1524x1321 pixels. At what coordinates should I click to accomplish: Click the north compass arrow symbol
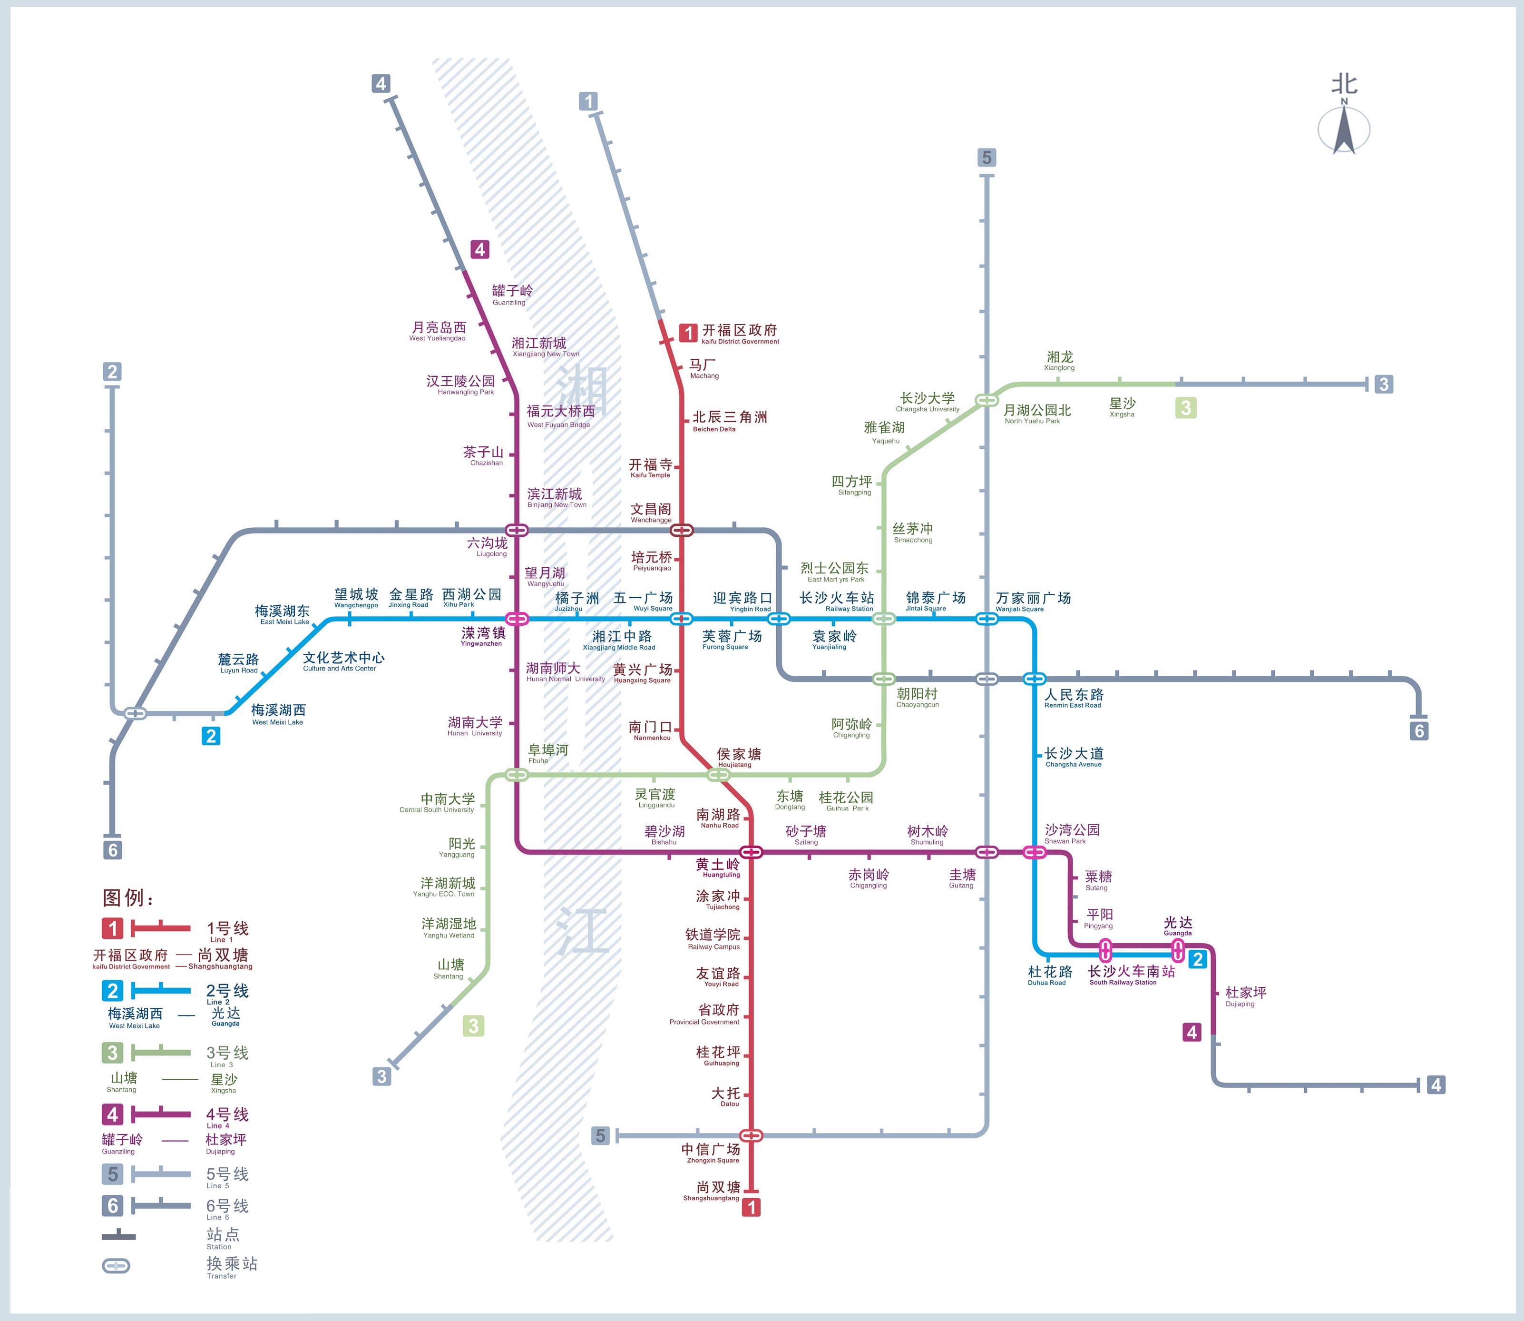point(1343,130)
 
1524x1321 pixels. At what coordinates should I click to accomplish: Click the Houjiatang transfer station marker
point(718,775)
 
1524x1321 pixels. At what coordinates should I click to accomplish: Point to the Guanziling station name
point(512,294)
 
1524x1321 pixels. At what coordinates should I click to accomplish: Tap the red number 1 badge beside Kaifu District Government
point(688,333)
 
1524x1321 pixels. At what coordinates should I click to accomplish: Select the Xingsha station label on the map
point(1123,407)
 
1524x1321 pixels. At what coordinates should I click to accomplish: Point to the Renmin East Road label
point(1074,697)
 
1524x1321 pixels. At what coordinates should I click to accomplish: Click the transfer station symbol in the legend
point(116,1266)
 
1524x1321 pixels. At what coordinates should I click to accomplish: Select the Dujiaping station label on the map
point(1245,996)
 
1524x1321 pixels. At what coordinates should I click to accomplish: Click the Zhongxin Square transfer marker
point(751,1135)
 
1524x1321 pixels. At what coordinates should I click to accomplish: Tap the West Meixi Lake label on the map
point(278,714)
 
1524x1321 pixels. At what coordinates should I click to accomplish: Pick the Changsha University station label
point(927,402)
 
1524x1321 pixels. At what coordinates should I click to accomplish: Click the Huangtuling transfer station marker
point(751,852)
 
